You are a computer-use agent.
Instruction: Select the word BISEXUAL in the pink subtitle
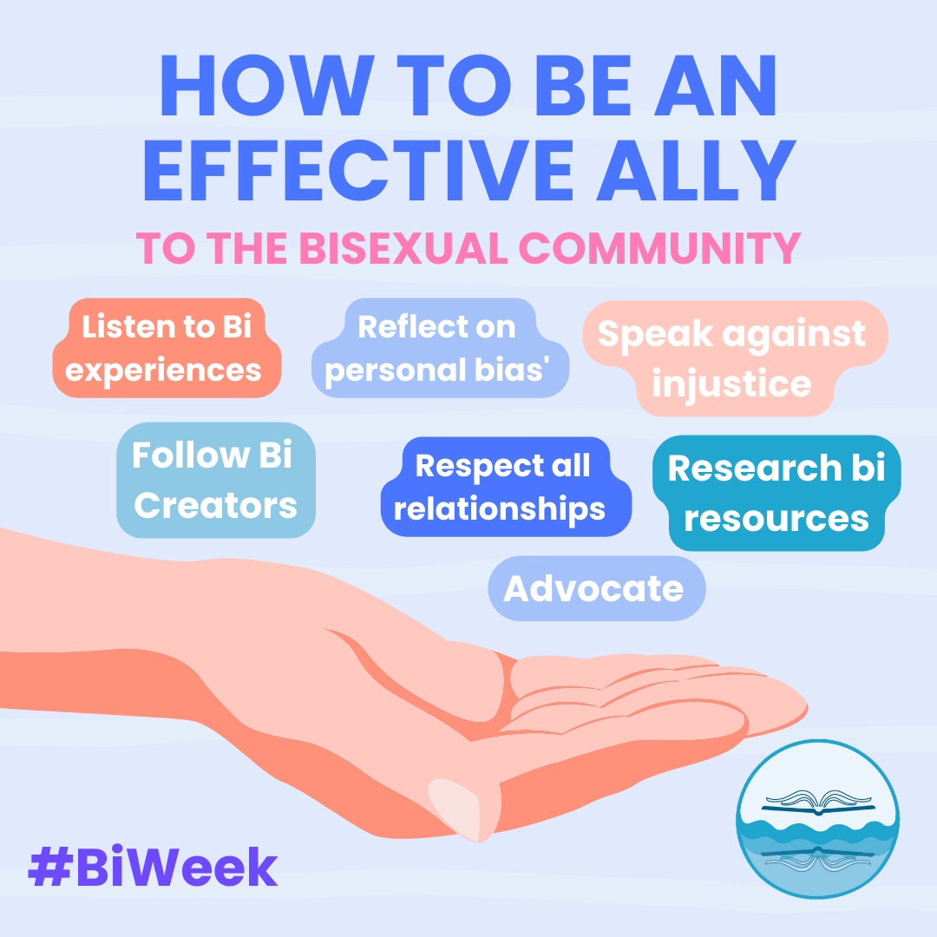(x=403, y=248)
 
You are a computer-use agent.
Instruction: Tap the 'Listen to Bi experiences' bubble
(x=166, y=349)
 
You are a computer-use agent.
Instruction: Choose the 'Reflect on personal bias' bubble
(x=437, y=349)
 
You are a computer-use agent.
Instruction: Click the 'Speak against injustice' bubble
(x=732, y=357)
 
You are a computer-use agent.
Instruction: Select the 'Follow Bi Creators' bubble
(x=215, y=480)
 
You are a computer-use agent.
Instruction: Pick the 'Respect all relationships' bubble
(x=503, y=487)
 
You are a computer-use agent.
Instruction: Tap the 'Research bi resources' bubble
(x=776, y=493)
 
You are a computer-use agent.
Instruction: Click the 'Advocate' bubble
(x=595, y=588)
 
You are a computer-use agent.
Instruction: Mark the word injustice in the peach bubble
(x=731, y=383)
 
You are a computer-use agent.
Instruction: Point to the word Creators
(x=215, y=505)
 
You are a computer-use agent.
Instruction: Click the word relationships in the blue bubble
(x=500, y=509)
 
